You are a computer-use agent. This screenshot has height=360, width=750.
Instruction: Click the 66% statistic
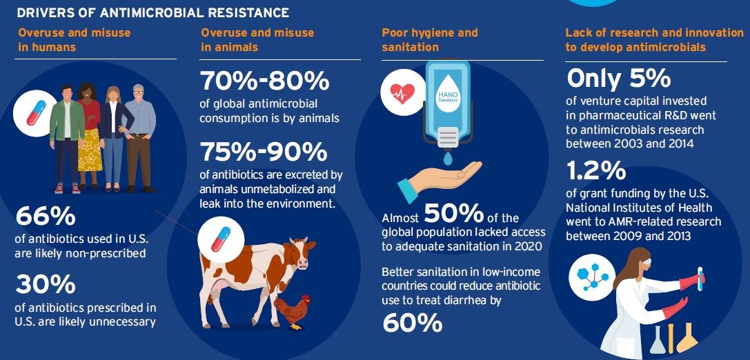(46, 217)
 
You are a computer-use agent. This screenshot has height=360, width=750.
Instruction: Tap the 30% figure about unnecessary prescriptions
(46, 285)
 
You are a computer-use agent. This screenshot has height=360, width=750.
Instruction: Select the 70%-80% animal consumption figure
(264, 81)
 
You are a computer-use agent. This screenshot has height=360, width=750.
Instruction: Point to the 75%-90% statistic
(264, 152)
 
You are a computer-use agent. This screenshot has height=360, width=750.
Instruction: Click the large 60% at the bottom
(413, 323)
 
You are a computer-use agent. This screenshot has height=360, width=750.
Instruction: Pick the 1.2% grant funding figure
(596, 171)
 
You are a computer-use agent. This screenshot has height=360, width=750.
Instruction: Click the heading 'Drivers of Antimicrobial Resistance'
(153, 12)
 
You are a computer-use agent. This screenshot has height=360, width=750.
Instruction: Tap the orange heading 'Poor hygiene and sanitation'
(430, 40)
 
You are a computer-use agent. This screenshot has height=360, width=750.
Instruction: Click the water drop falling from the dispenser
(446, 159)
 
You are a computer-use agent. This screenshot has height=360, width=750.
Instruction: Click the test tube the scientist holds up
(700, 279)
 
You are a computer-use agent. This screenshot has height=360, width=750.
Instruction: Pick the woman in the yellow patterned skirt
(90, 135)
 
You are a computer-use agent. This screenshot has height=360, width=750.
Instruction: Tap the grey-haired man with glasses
(140, 138)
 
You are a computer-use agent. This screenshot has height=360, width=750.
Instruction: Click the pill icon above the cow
(221, 239)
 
